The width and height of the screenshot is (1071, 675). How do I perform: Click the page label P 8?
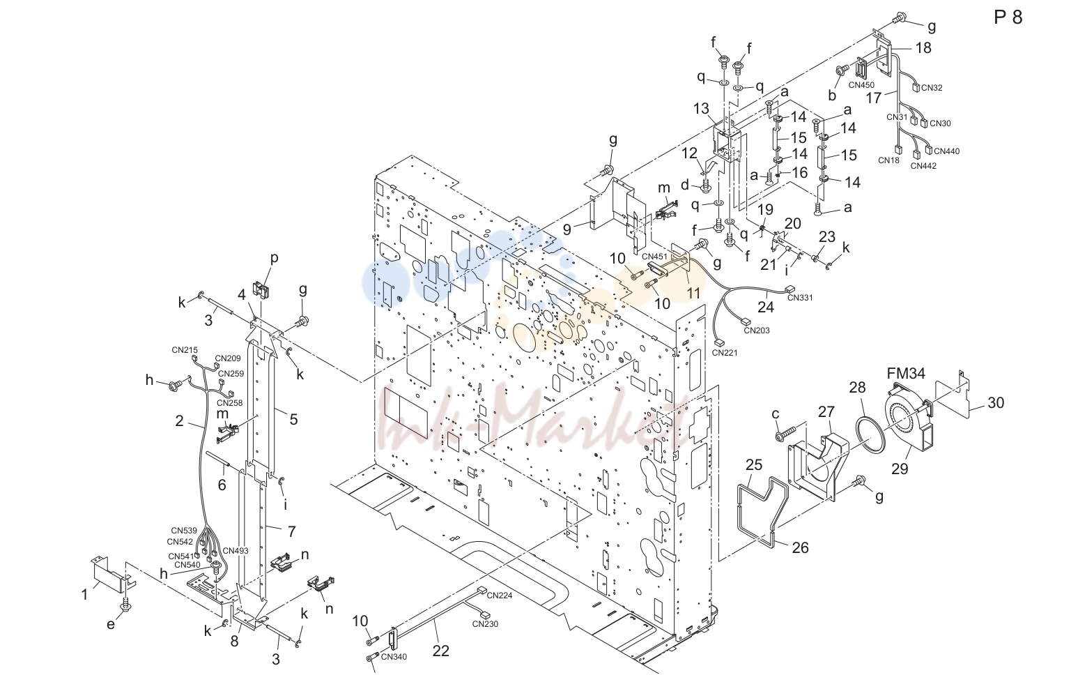pyautogui.click(x=1008, y=17)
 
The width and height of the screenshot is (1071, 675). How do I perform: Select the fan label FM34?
pyautogui.click(x=906, y=372)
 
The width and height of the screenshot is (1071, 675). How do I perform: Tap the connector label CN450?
pyautogui.click(x=861, y=85)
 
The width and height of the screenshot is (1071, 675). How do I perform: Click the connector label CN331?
pyautogui.click(x=800, y=298)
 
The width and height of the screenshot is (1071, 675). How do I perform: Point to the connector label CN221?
pyautogui.click(x=725, y=353)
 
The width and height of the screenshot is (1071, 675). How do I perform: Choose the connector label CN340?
pyautogui.click(x=394, y=657)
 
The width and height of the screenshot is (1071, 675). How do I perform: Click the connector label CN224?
pyautogui.click(x=500, y=596)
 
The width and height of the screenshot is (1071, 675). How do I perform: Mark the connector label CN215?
pyautogui.click(x=185, y=350)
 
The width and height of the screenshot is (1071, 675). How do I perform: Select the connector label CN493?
pyautogui.click(x=236, y=551)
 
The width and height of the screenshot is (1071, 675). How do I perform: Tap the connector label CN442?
pyautogui.click(x=923, y=166)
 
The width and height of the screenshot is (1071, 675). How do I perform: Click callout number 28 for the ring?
pyautogui.click(x=857, y=388)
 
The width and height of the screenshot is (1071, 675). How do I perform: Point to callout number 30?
pyautogui.click(x=996, y=403)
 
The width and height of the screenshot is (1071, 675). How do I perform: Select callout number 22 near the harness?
pyautogui.click(x=441, y=651)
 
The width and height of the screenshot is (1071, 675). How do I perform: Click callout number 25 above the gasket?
pyautogui.click(x=754, y=464)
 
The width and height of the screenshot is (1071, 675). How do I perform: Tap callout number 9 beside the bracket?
pyautogui.click(x=567, y=229)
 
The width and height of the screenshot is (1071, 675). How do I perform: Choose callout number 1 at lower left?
pyautogui.click(x=84, y=595)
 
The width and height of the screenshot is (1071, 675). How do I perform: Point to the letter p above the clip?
pyautogui.click(x=274, y=258)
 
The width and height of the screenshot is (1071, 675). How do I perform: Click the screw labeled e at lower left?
pyautogui.click(x=127, y=605)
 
